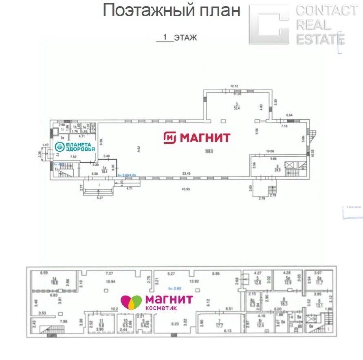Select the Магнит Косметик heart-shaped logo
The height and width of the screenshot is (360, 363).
tap(131, 302)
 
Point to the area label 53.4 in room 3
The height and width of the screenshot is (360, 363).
tap(236, 108)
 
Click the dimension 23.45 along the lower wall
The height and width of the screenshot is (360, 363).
tap(187, 174)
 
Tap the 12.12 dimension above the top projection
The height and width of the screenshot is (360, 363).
tap(234, 86)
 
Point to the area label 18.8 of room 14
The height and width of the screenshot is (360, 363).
tap(54, 282)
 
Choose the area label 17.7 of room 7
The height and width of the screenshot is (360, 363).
tap(221, 325)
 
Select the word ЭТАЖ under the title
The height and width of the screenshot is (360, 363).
tap(185, 38)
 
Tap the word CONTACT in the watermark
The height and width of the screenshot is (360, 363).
tap(326, 10)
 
